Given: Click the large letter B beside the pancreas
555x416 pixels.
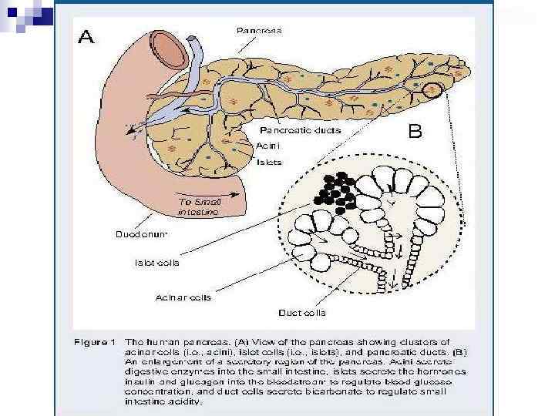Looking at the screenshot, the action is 415,132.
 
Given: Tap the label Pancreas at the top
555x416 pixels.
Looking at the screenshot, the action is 258,30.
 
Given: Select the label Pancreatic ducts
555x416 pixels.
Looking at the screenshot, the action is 300,130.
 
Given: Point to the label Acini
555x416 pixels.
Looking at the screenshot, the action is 267,144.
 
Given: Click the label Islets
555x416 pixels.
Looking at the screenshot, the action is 268,162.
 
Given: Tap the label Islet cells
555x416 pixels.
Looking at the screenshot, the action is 156,263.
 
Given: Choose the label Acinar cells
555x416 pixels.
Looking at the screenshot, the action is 183,297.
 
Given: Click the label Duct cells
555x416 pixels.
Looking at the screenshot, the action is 301,313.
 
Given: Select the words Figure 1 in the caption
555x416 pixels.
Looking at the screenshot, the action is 96,341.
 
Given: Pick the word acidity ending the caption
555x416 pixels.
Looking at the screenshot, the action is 184,401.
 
